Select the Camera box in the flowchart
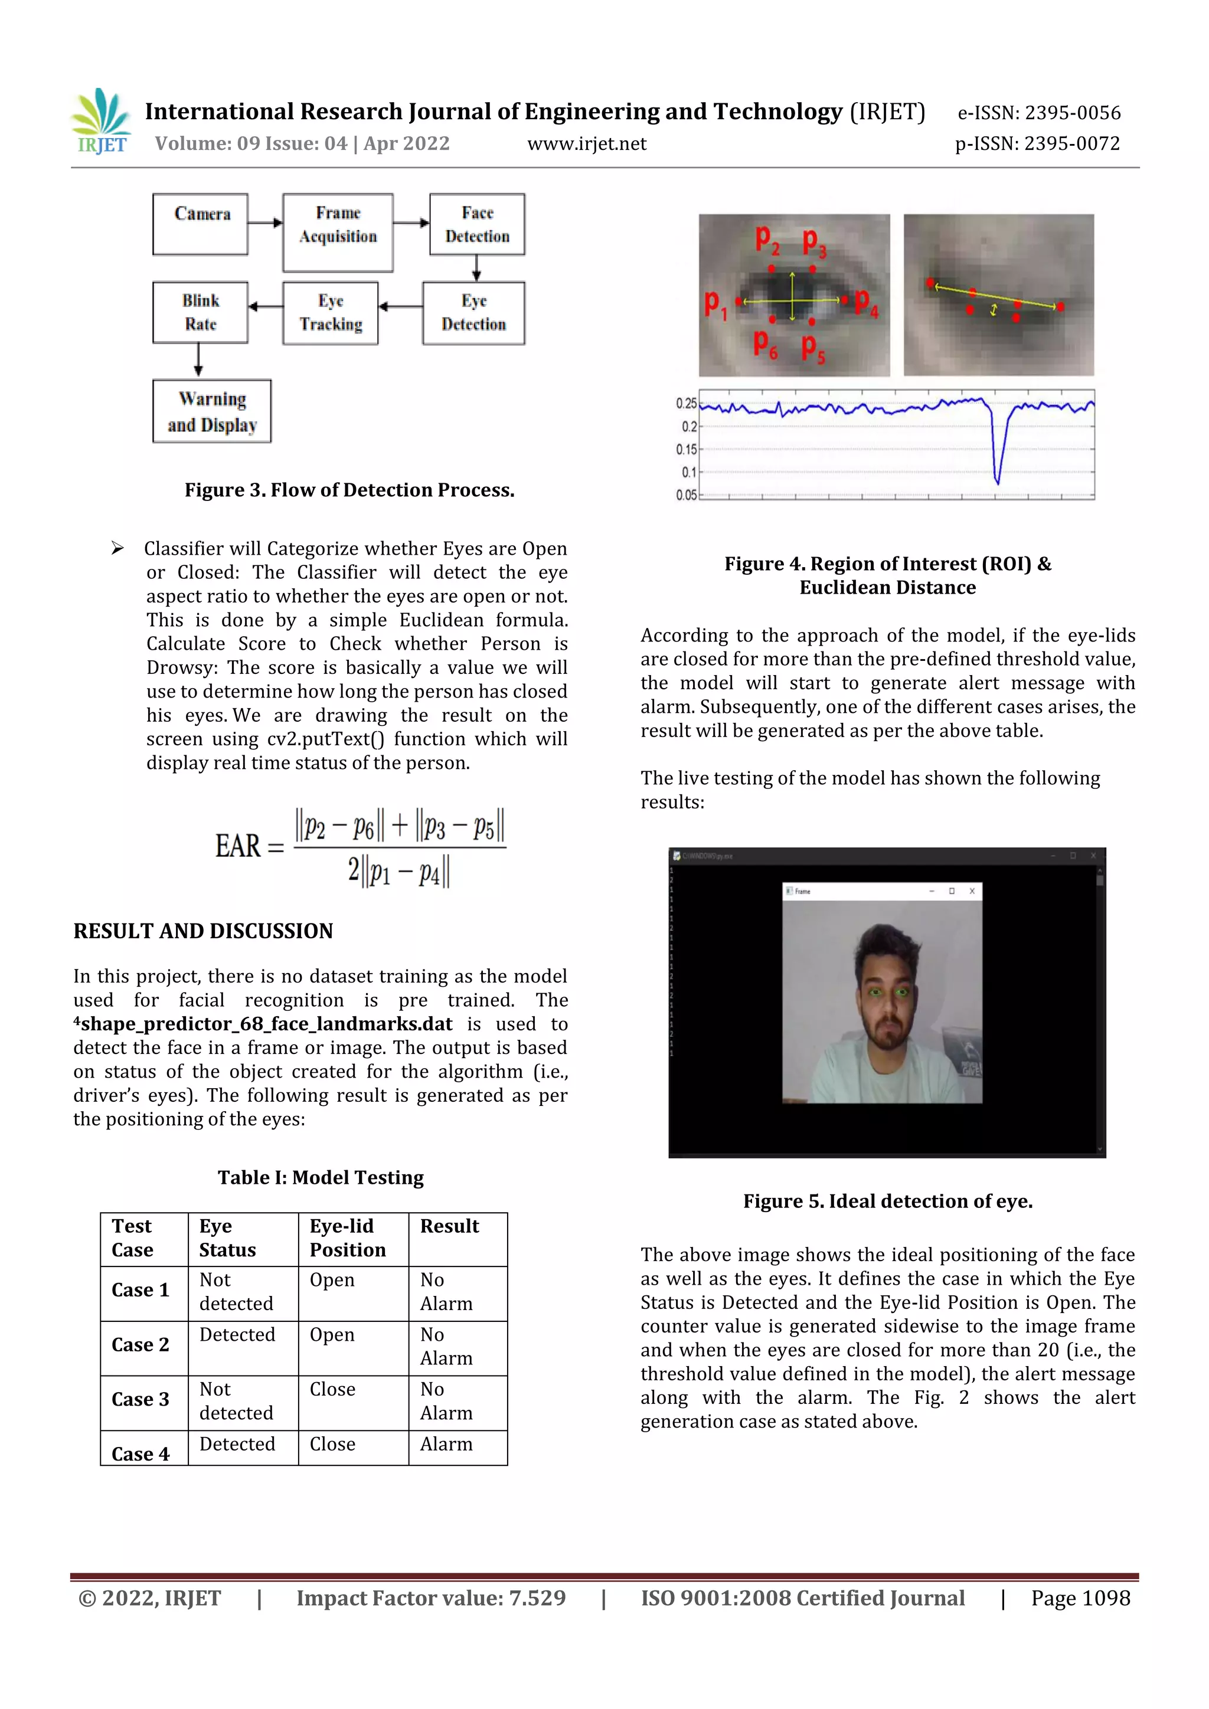pyautogui.click(x=200, y=224)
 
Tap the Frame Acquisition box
pyautogui.click(x=338, y=233)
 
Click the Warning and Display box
pyautogui.click(x=212, y=412)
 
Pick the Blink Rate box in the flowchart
pyautogui.click(x=200, y=313)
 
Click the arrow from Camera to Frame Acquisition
pyautogui.click(x=265, y=222)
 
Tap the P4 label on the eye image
pyautogui.click(x=866, y=302)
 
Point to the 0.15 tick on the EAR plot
pyautogui.click(x=687, y=450)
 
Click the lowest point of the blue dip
pyautogui.click(x=998, y=482)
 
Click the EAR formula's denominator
pyautogui.click(x=399, y=872)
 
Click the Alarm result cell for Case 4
pyautogui.click(x=447, y=1445)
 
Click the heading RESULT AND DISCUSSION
pyautogui.click(x=203, y=931)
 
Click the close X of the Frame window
pyautogui.click(x=972, y=891)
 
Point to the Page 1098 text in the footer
pyautogui.click(x=1080, y=1599)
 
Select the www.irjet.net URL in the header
pyautogui.click(x=587, y=143)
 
